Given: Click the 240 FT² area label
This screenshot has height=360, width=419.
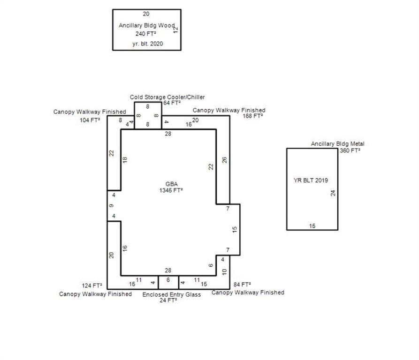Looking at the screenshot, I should click(x=147, y=34).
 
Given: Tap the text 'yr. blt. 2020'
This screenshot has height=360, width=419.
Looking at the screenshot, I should click(x=147, y=44).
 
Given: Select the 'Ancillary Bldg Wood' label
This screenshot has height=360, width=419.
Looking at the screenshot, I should click(x=146, y=25).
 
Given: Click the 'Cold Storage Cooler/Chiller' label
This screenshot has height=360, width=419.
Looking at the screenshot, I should click(x=167, y=97).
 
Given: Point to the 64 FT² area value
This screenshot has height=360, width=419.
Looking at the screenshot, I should click(x=172, y=103).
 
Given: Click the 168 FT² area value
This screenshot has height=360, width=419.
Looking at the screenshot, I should click(x=253, y=116).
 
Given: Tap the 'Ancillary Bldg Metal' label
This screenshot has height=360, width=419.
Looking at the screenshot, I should click(x=337, y=144).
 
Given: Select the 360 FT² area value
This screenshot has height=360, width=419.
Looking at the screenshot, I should click(x=350, y=150).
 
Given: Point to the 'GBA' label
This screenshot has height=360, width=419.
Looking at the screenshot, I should click(x=171, y=184).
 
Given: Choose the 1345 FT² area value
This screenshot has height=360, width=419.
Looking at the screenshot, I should click(x=171, y=190).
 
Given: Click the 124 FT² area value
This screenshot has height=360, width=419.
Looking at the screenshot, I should click(x=92, y=285).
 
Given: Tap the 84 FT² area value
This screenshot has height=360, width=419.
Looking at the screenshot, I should click(x=242, y=285).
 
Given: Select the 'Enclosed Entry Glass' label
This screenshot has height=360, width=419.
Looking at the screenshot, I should click(x=172, y=294).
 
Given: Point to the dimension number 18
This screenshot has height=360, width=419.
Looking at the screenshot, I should click(x=125, y=159).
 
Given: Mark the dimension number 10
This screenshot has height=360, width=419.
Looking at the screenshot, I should click(x=224, y=272).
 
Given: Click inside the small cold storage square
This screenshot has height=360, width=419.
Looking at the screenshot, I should click(x=148, y=116).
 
